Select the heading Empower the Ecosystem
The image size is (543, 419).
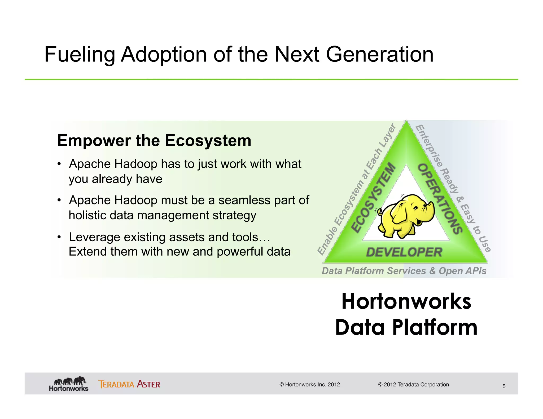(x=154, y=140)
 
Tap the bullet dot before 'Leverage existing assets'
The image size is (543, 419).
(x=59, y=237)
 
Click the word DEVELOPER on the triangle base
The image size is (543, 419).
(x=404, y=252)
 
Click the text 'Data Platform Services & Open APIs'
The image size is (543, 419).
(x=404, y=271)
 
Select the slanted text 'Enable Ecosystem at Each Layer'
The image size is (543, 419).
(x=357, y=189)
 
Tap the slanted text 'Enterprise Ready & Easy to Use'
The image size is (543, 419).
(x=453, y=188)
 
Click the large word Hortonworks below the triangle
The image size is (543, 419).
(x=406, y=301)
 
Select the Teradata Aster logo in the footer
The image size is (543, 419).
(x=129, y=384)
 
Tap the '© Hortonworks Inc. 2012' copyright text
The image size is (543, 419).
(x=309, y=385)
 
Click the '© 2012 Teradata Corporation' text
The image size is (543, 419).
(x=413, y=385)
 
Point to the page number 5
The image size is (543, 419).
(x=504, y=386)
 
